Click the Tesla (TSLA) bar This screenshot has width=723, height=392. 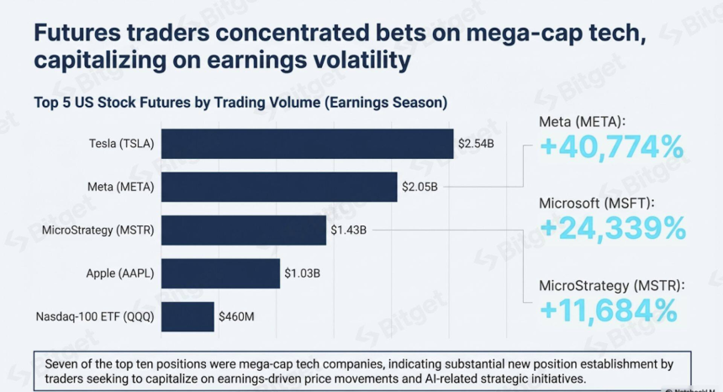(307, 143)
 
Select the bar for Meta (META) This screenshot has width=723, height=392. (279, 187)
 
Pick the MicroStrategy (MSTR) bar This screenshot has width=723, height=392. (244, 230)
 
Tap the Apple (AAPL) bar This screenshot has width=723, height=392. (220, 273)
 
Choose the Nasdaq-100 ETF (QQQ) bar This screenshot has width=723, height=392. (187, 317)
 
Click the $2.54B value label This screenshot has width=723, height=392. (475, 143)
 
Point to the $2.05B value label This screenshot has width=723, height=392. (420, 187)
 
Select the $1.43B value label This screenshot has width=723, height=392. (348, 230)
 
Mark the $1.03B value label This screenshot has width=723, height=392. (302, 273)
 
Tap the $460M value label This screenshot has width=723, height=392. (236, 317)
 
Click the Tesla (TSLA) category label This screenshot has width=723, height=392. (122, 143)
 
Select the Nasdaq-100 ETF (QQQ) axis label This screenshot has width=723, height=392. (95, 317)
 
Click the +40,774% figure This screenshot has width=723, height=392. (611, 148)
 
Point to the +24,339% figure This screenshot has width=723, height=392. (613, 228)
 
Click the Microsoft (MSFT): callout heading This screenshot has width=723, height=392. (597, 203)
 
